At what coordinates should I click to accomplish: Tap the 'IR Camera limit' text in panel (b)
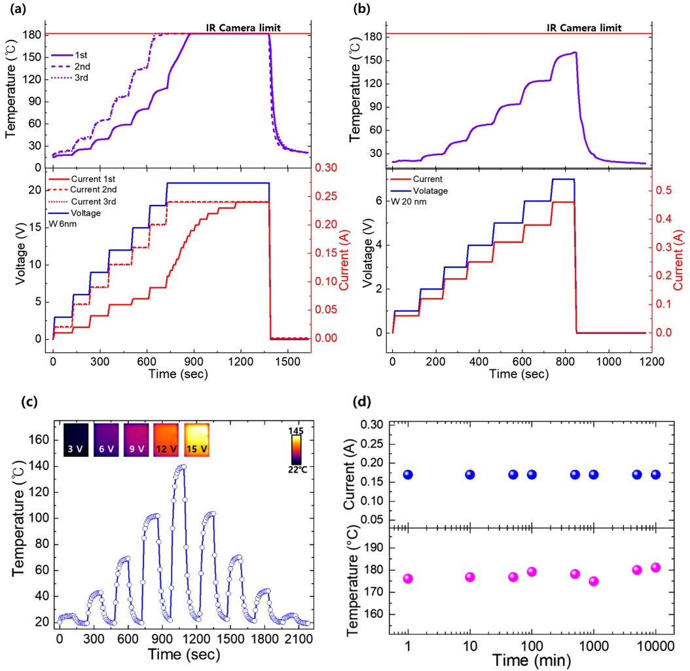pos(584,27)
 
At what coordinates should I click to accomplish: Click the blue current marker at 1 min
pos(408,475)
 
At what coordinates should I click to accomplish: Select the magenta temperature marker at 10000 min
pos(655,568)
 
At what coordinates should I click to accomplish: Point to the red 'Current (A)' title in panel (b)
pos(678,261)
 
